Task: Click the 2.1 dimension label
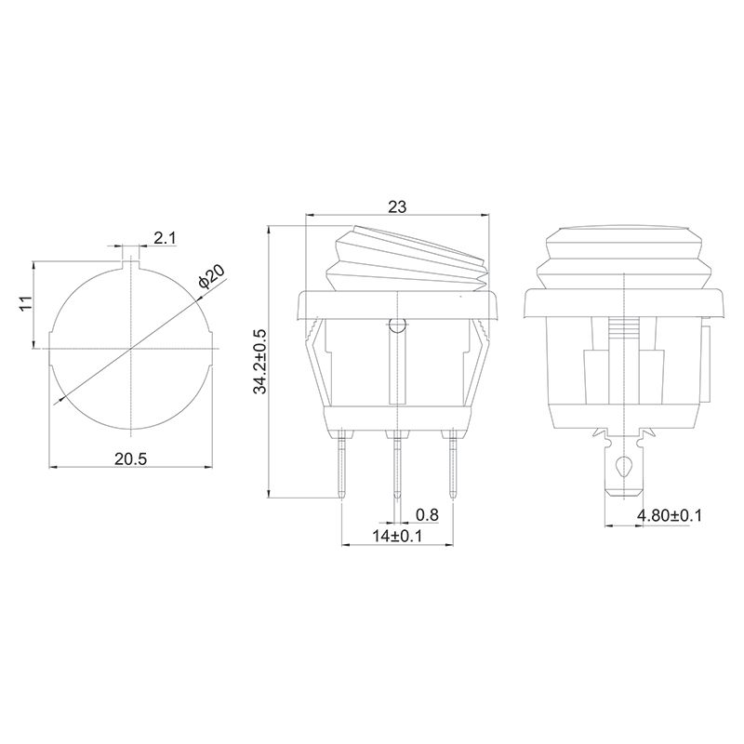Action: click(165, 238)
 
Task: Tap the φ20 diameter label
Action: click(212, 276)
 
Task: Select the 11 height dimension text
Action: click(25, 303)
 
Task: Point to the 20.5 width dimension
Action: click(130, 458)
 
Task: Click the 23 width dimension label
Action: click(398, 206)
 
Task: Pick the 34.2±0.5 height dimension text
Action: click(261, 362)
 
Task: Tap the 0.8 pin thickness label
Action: click(427, 514)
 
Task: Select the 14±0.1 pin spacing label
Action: click(397, 536)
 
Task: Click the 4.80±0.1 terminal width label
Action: click(669, 515)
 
